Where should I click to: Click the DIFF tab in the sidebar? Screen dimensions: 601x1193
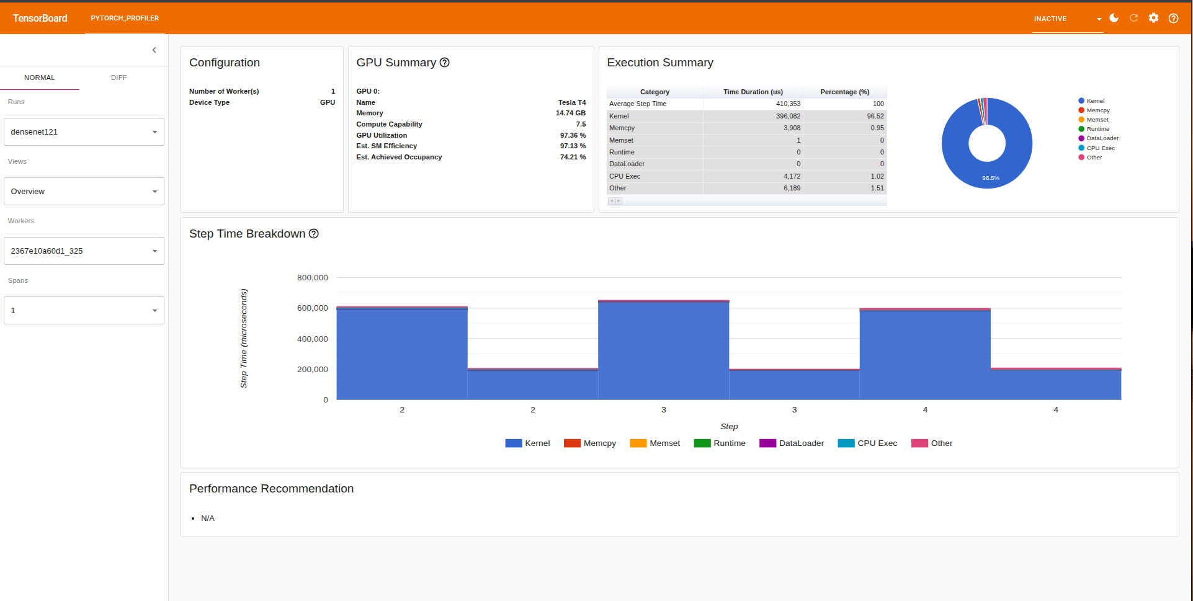point(118,78)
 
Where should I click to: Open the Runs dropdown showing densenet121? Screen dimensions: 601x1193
point(84,132)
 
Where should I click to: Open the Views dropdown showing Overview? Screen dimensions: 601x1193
point(84,192)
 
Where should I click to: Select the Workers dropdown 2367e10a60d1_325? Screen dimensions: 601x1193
point(84,251)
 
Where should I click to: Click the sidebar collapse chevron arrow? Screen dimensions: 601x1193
point(154,50)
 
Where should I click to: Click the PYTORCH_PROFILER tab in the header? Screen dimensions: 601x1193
point(125,18)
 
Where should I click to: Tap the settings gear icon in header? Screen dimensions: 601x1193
point(1153,18)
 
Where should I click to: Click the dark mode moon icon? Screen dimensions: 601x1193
point(1114,18)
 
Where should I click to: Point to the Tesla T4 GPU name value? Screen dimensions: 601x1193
point(571,102)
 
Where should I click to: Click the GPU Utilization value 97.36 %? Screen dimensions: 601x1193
point(572,135)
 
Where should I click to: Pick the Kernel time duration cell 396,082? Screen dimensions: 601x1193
point(788,116)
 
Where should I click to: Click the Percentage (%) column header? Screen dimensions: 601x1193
point(844,92)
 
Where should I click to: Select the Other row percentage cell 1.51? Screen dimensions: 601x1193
point(877,188)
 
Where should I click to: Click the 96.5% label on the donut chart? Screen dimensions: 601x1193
point(990,178)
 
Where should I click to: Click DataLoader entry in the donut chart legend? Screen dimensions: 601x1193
point(1102,138)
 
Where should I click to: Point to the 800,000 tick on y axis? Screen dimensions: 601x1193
point(312,278)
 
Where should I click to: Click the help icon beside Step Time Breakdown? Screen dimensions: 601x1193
point(314,234)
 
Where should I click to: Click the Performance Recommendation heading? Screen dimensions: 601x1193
point(271,489)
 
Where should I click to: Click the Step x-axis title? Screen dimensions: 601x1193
point(729,427)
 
